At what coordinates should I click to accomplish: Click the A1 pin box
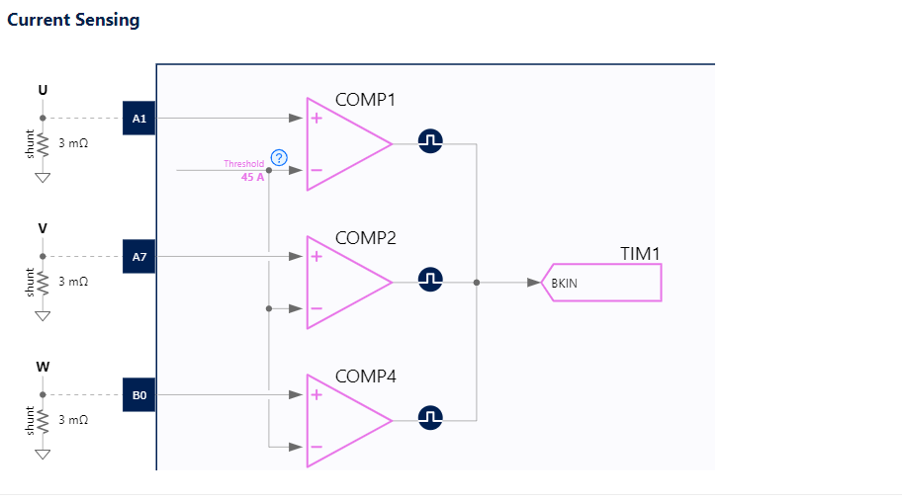pos(139,119)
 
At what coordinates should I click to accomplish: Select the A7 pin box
pos(139,256)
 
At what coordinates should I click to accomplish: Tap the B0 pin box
pos(139,394)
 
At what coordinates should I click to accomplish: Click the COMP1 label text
pos(365,100)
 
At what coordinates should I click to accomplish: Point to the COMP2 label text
pos(365,238)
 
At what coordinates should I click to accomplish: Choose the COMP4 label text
pos(365,377)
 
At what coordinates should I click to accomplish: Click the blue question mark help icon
pos(279,158)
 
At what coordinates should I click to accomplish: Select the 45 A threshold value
pos(253,178)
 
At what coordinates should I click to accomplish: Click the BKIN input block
pos(602,283)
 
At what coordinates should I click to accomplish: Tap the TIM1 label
pos(639,254)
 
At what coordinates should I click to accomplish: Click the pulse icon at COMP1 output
pos(429,142)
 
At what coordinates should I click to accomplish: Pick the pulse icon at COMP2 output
pos(429,281)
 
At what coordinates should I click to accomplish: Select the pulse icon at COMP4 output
pos(429,419)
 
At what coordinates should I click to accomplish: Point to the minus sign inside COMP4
pos(316,447)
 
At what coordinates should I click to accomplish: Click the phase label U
pos(42,90)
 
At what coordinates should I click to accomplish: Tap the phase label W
pos(42,367)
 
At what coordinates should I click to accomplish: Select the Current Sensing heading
pos(73,20)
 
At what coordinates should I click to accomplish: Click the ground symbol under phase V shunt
pos(42,316)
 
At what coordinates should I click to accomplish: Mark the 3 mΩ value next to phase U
pos(73,143)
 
